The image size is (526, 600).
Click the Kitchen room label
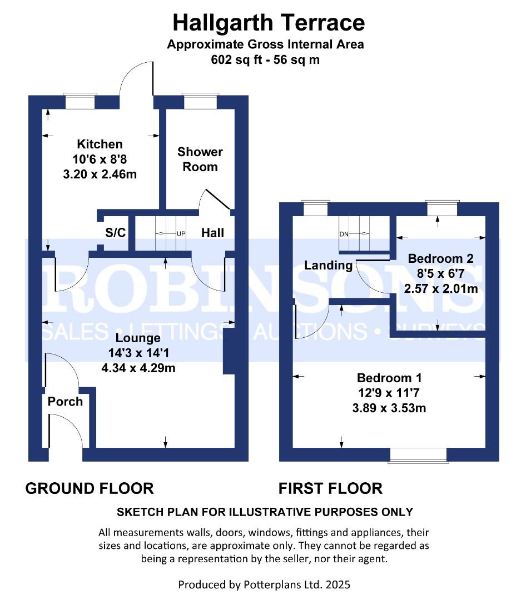point(100,144)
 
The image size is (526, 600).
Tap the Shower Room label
point(200,159)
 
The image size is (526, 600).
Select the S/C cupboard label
point(115,232)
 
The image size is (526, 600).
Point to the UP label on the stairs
point(181,233)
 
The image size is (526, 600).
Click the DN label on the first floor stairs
point(344,234)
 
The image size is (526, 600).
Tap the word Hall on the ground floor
point(212,233)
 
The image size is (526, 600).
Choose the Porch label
point(65,402)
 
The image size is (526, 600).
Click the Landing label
point(328,265)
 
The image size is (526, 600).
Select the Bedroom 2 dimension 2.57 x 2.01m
point(441,288)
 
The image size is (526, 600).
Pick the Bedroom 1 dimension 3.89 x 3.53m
point(389,408)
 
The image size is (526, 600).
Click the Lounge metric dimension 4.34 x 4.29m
point(138,368)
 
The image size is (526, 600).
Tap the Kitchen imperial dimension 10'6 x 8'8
point(100,159)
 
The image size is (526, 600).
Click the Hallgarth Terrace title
point(269,23)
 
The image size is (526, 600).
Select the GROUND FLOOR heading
point(90,489)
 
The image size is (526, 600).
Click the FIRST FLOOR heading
point(330,489)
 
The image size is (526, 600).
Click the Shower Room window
point(200,101)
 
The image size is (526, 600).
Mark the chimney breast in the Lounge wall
point(229,351)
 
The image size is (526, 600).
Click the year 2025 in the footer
point(338,584)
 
